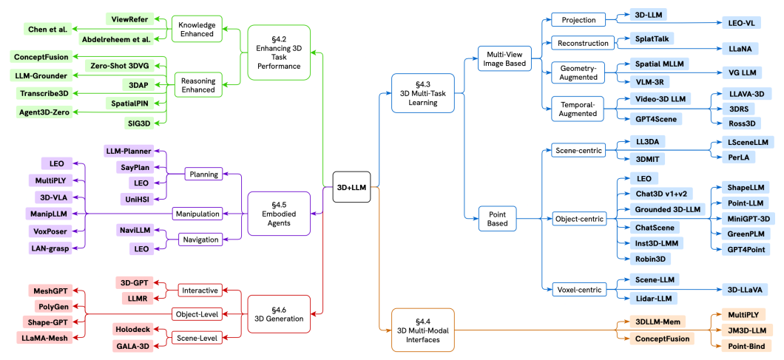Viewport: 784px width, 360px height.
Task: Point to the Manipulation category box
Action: click(197, 214)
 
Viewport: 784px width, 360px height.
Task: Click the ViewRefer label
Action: click(128, 19)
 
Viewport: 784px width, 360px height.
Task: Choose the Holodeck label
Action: click(133, 328)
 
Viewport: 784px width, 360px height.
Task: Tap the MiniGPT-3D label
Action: click(747, 218)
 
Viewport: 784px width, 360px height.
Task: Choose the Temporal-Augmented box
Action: click(578, 108)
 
